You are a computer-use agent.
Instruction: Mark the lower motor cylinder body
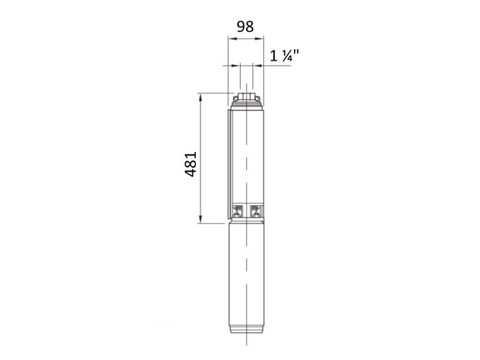245,280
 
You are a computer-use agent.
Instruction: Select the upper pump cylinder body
245,157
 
